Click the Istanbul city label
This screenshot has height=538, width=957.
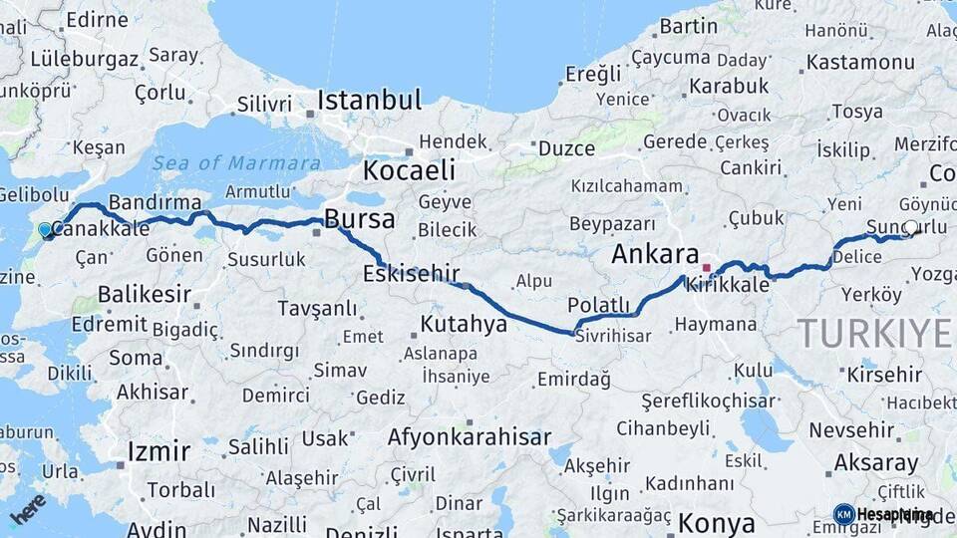(x=369, y=101)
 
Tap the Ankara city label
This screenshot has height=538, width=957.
(x=655, y=254)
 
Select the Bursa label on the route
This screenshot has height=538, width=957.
(x=359, y=219)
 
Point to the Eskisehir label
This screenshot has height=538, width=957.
(x=411, y=273)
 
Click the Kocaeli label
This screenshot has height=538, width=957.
(x=409, y=170)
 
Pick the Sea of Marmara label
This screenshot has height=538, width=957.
(x=236, y=163)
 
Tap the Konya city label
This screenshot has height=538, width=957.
(x=716, y=523)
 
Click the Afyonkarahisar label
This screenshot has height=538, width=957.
(x=469, y=437)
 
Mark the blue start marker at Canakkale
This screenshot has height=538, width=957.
(x=44, y=230)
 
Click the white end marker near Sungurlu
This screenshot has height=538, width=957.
(x=910, y=227)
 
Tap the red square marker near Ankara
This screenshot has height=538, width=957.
(x=707, y=267)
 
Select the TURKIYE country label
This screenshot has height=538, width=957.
(x=874, y=334)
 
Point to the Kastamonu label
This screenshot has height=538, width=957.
(x=859, y=62)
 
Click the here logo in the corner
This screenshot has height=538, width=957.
(x=27, y=509)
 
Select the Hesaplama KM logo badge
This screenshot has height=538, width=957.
(x=883, y=514)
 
